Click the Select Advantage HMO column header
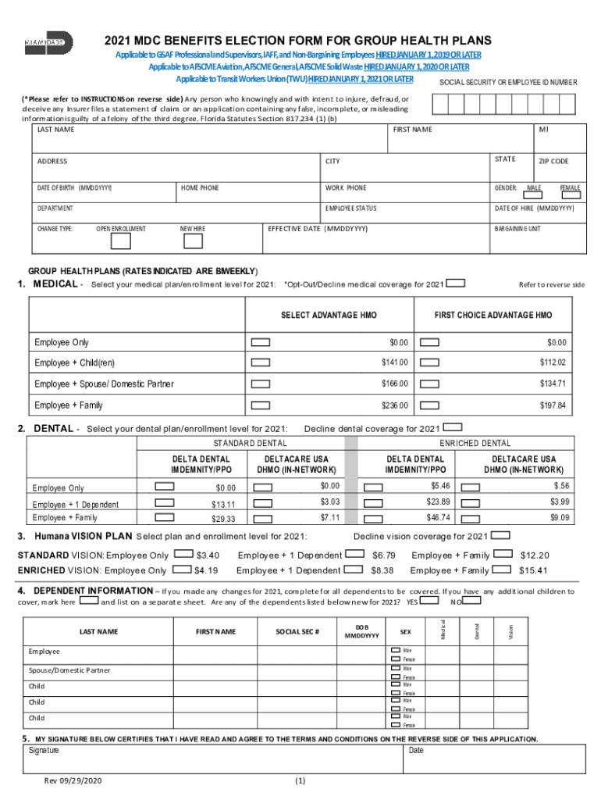pyautogui.click(x=329, y=315)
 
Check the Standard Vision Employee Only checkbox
pyautogui.click(x=183, y=554)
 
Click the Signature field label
pyautogui.click(x=44, y=750)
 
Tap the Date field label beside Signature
pyautogui.click(x=416, y=750)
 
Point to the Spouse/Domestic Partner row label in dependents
pyautogui.click(x=69, y=670)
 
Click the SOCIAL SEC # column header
pyautogui.click(x=297, y=631)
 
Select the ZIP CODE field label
pyautogui.click(x=553, y=161)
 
